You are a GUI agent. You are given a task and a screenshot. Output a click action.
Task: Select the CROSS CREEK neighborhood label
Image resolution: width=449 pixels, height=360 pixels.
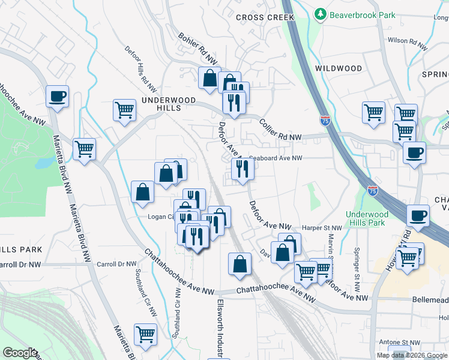[265, 17]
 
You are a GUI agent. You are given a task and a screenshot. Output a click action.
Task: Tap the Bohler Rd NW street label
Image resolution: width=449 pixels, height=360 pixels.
[197, 49]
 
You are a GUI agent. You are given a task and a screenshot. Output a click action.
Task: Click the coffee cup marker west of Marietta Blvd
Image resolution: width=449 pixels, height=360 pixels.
[58, 96]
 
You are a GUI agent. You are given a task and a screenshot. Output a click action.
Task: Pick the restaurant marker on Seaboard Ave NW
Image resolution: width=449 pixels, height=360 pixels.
[243, 169]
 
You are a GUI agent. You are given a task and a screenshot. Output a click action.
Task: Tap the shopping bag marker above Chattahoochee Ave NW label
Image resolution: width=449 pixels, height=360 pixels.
[240, 264]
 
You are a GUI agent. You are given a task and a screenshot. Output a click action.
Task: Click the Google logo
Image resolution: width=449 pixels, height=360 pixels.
[20, 353]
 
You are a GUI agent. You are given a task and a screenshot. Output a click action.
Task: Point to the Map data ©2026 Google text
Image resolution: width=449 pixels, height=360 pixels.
[412, 355]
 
